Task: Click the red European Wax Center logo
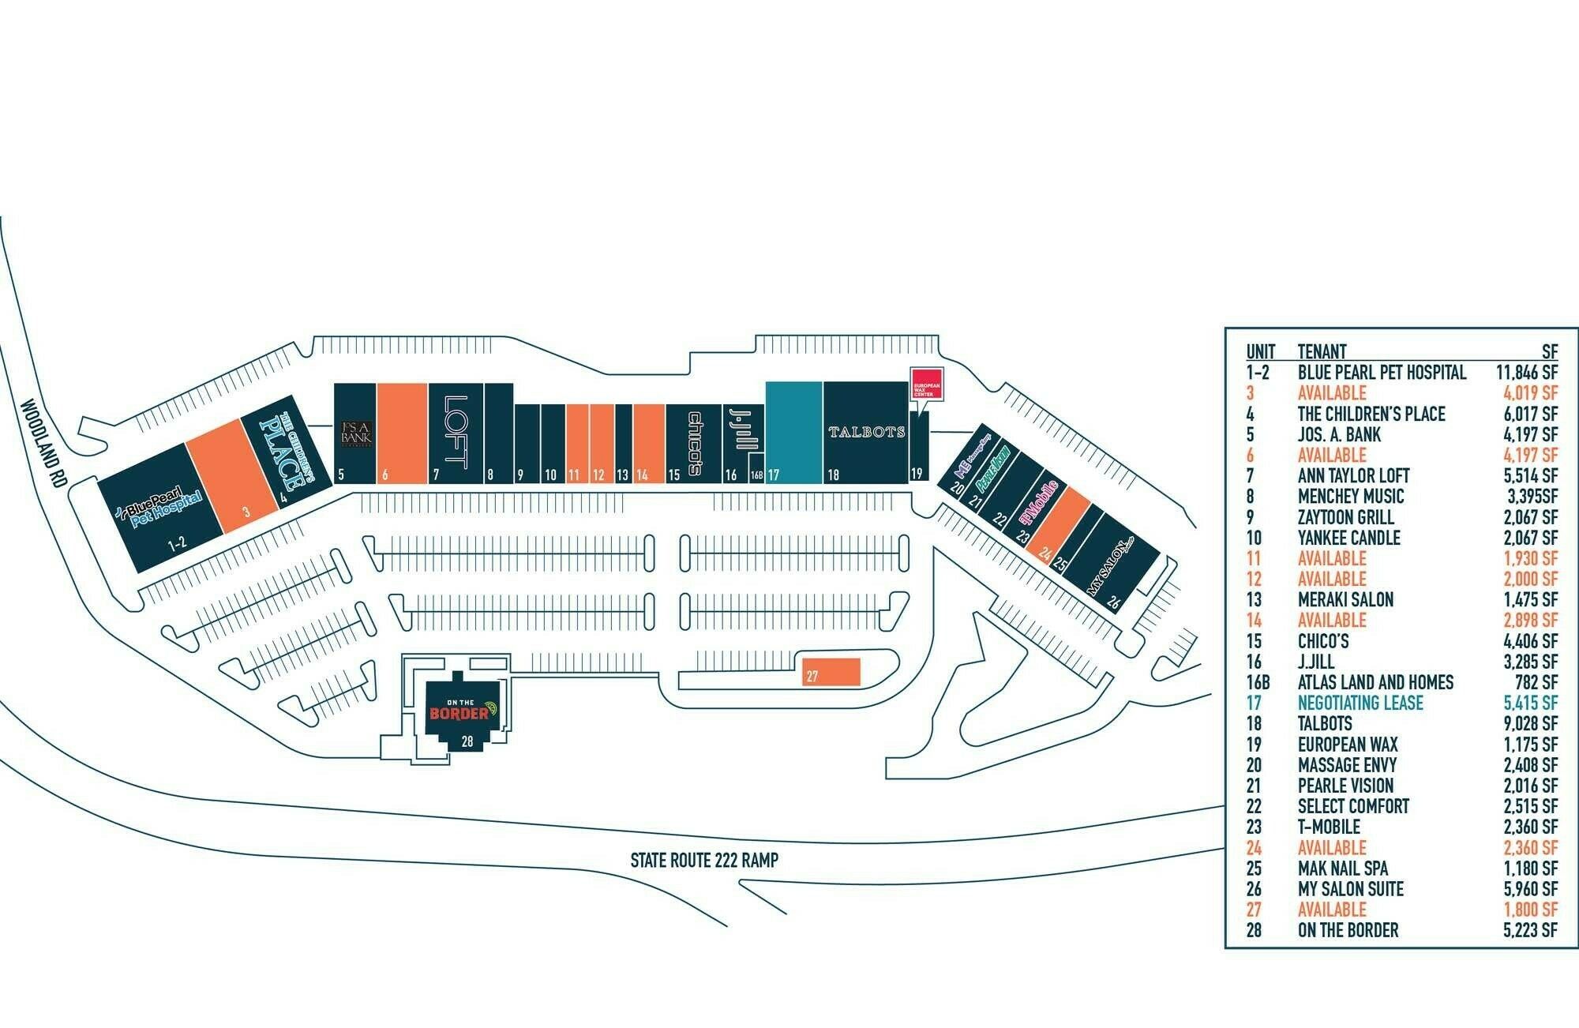click(927, 384)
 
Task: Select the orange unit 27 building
click(831, 670)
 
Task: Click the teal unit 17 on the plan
click(794, 432)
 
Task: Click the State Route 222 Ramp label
click(703, 860)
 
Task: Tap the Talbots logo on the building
click(866, 432)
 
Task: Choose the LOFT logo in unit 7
click(456, 432)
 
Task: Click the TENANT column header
click(1322, 351)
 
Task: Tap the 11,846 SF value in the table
click(1526, 373)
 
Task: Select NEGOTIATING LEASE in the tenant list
click(1360, 703)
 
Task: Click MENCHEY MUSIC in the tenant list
click(1351, 497)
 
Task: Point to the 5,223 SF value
click(1530, 930)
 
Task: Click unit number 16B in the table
click(1258, 682)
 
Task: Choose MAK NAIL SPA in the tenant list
click(1343, 869)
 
